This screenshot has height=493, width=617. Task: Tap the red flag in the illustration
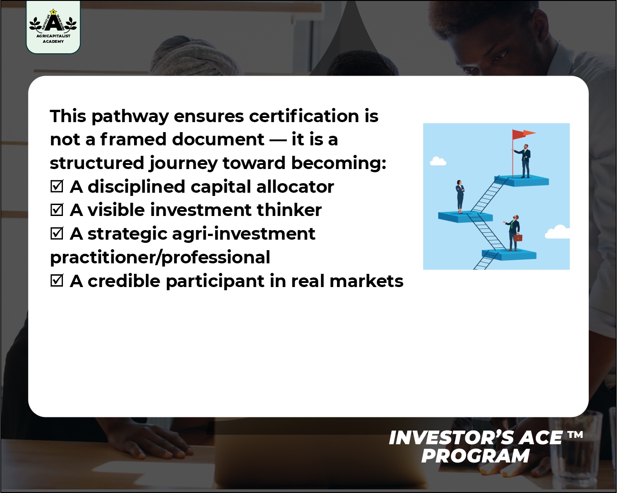(523, 134)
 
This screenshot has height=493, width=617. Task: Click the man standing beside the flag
(525, 160)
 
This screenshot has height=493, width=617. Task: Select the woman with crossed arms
(460, 196)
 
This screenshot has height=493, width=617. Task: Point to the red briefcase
(518, 237)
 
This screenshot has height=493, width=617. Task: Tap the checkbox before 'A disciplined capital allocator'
(57, 186)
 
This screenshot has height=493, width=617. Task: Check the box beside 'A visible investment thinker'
(57, 210)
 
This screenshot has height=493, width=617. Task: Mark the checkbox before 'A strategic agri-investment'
(57, 233)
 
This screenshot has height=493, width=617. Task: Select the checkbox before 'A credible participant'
(57, 281)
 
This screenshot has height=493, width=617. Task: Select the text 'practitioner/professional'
(160, 257)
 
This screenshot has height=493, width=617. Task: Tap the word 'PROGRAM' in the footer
(475, 456)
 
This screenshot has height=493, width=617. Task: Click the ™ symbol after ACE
(576, 435)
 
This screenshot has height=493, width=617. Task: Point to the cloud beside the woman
(438, 161)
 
